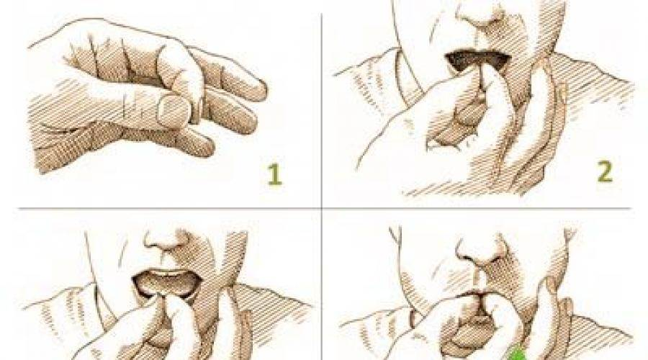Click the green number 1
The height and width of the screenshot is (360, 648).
click(274, 174)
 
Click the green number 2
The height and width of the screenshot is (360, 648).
click(605, 171)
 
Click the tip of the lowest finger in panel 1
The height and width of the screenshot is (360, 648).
click(209, 148)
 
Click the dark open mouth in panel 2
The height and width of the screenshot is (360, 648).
click(478, 60)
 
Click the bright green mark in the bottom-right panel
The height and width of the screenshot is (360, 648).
click(516, 355)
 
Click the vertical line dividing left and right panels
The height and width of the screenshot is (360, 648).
click(322, 186)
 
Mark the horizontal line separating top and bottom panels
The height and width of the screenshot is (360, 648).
click(325, 208)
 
